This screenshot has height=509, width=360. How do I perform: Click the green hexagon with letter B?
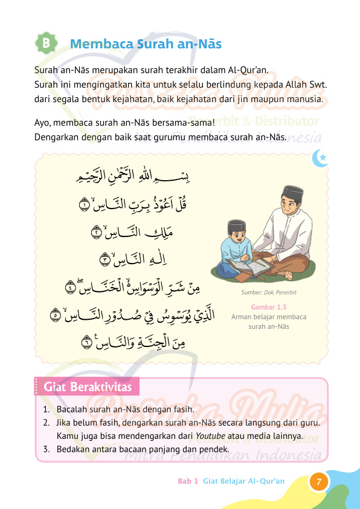point(47,44)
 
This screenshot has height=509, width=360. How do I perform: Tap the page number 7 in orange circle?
point(319,482)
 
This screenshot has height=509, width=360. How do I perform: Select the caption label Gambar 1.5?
point(269,307)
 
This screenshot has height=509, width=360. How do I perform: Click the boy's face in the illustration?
point(236,233)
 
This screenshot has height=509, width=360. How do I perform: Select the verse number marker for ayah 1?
point(85,206)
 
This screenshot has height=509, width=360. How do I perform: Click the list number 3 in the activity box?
point(46,449)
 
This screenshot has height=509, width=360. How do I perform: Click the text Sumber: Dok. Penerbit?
point(269,293)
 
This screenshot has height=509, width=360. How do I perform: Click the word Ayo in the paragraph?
point(42,124)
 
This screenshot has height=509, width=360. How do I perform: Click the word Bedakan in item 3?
point(73,449)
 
